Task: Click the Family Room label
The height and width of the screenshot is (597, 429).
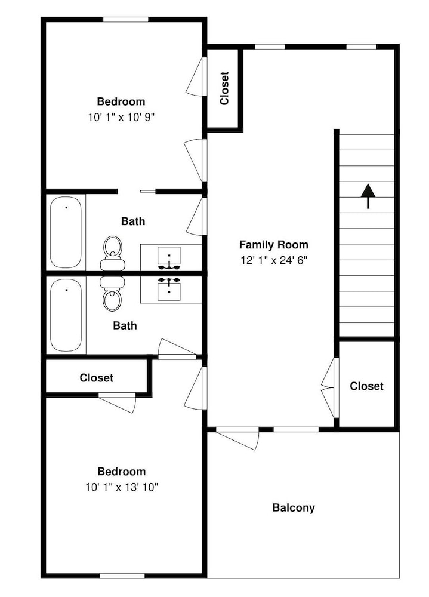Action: pyautogui.click(x=273, y=244)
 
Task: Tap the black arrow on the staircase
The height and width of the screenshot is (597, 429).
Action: pyautogui.click(x=368, y=196)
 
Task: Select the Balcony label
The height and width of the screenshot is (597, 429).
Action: pyautogui.click(x=294, y=508)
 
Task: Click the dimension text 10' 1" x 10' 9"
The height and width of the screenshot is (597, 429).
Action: pyautogui.click(x=122, y=117)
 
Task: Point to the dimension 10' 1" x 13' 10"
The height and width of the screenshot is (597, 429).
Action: pyautogui.click(x=122, y=487)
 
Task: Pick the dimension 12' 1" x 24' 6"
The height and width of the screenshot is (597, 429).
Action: pyautogui.click(x=274, y=260)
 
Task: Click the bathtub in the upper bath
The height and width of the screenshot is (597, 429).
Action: pyautogui.click(x=66, y=232)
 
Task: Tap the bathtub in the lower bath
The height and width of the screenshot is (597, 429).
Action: pyautogui.click(x=66, y=315)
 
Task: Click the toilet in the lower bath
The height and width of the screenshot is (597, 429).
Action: pyautogui.click(x=113, y=293)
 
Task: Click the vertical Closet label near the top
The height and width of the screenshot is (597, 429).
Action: pyautogui.click(x=224, y=88)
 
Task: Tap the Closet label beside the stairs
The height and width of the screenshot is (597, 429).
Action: pyautogui.click(x=366, y=386)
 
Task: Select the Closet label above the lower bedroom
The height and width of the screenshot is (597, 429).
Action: pyautogui.click(x=96, y=378)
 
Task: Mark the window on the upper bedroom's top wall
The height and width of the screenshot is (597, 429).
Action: pyautogui.click(x=126, y=20)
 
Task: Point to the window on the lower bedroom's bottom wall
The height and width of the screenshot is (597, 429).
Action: pyautogui.click(x=122, y=576)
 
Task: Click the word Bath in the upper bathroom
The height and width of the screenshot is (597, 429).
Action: pyautogui.click(x=133, y=221)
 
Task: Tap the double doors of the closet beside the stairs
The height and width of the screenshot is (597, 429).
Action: pyautogui.click(x=329, y=387)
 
